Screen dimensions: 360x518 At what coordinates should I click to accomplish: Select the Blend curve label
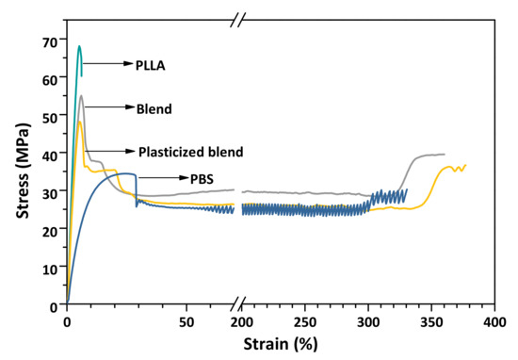(154, 109)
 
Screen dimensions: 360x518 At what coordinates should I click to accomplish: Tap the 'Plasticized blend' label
(191, 152)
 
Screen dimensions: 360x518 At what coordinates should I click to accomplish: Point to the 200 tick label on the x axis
(242, 321)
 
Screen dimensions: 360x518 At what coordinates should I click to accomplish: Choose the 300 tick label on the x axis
(368, 321)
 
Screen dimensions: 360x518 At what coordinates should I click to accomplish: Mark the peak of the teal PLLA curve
(79, 45)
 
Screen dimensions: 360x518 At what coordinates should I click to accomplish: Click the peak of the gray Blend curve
(81, 95)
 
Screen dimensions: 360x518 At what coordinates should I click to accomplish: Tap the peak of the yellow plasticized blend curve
(79, 121)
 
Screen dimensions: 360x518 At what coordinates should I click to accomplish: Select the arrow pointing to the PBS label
(157, 177)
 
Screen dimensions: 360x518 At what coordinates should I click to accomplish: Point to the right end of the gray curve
(444, 155)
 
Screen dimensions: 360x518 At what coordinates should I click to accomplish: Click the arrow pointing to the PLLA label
(108, 64)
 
